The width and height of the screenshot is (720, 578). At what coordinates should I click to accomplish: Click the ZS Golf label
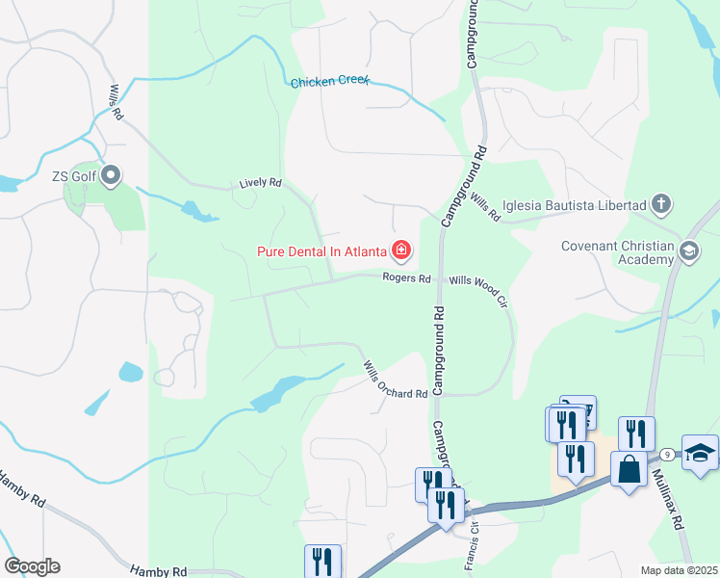tap(74, 176)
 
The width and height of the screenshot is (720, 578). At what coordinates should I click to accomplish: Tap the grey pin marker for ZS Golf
tap(111, 175)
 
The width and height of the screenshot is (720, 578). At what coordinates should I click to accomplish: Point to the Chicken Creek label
tap(330, 83)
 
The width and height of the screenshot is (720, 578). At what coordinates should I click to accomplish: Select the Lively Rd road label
tap(260, 182)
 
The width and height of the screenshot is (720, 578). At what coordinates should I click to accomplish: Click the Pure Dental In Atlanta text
tap(321, 252)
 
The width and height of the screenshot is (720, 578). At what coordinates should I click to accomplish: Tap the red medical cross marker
tap(400, 252)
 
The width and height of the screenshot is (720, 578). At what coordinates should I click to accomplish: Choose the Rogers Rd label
tap(406, 278)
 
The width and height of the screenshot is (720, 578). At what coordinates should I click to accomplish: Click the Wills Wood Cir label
tap(478, 285)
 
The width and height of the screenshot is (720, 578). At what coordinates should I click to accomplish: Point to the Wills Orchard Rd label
tap(395, 381)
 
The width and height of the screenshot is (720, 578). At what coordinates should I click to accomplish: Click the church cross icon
tap(660, 203)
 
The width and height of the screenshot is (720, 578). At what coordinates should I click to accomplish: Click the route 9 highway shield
tap(666, 453)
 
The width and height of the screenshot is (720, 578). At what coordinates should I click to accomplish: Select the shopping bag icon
tap(629, 470)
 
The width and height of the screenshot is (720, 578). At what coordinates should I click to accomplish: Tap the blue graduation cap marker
tap(700, 452)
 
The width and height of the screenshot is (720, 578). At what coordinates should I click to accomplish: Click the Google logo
tap(32, 566)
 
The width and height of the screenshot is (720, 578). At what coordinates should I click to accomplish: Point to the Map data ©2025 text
tap(677, 570)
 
